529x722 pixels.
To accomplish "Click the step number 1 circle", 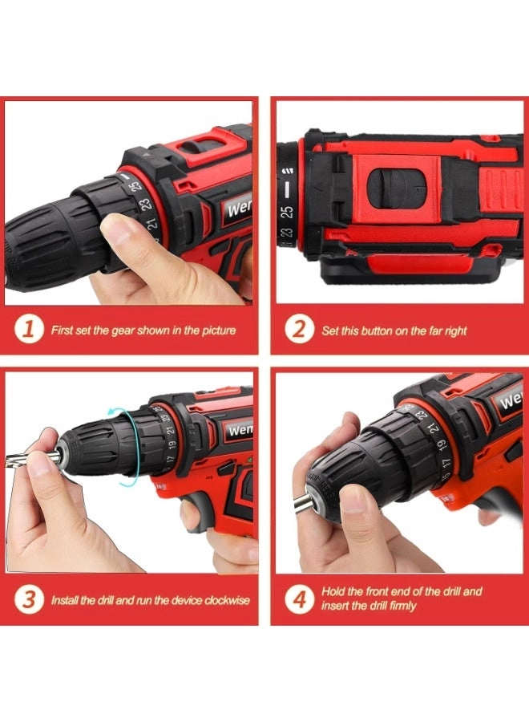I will (x=29, y=330).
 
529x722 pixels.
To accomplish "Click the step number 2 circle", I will (x=299, y=330).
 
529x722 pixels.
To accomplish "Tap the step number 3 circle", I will (x=29, y=599).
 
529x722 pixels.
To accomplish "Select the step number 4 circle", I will (x=299, y=598).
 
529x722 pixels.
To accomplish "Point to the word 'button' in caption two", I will (x=380, y=331).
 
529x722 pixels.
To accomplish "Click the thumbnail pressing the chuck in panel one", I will (x=117, y=233).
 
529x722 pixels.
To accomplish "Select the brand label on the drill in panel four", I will (x=511, y=400).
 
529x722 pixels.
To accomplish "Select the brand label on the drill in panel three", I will (x=240, y=430).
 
